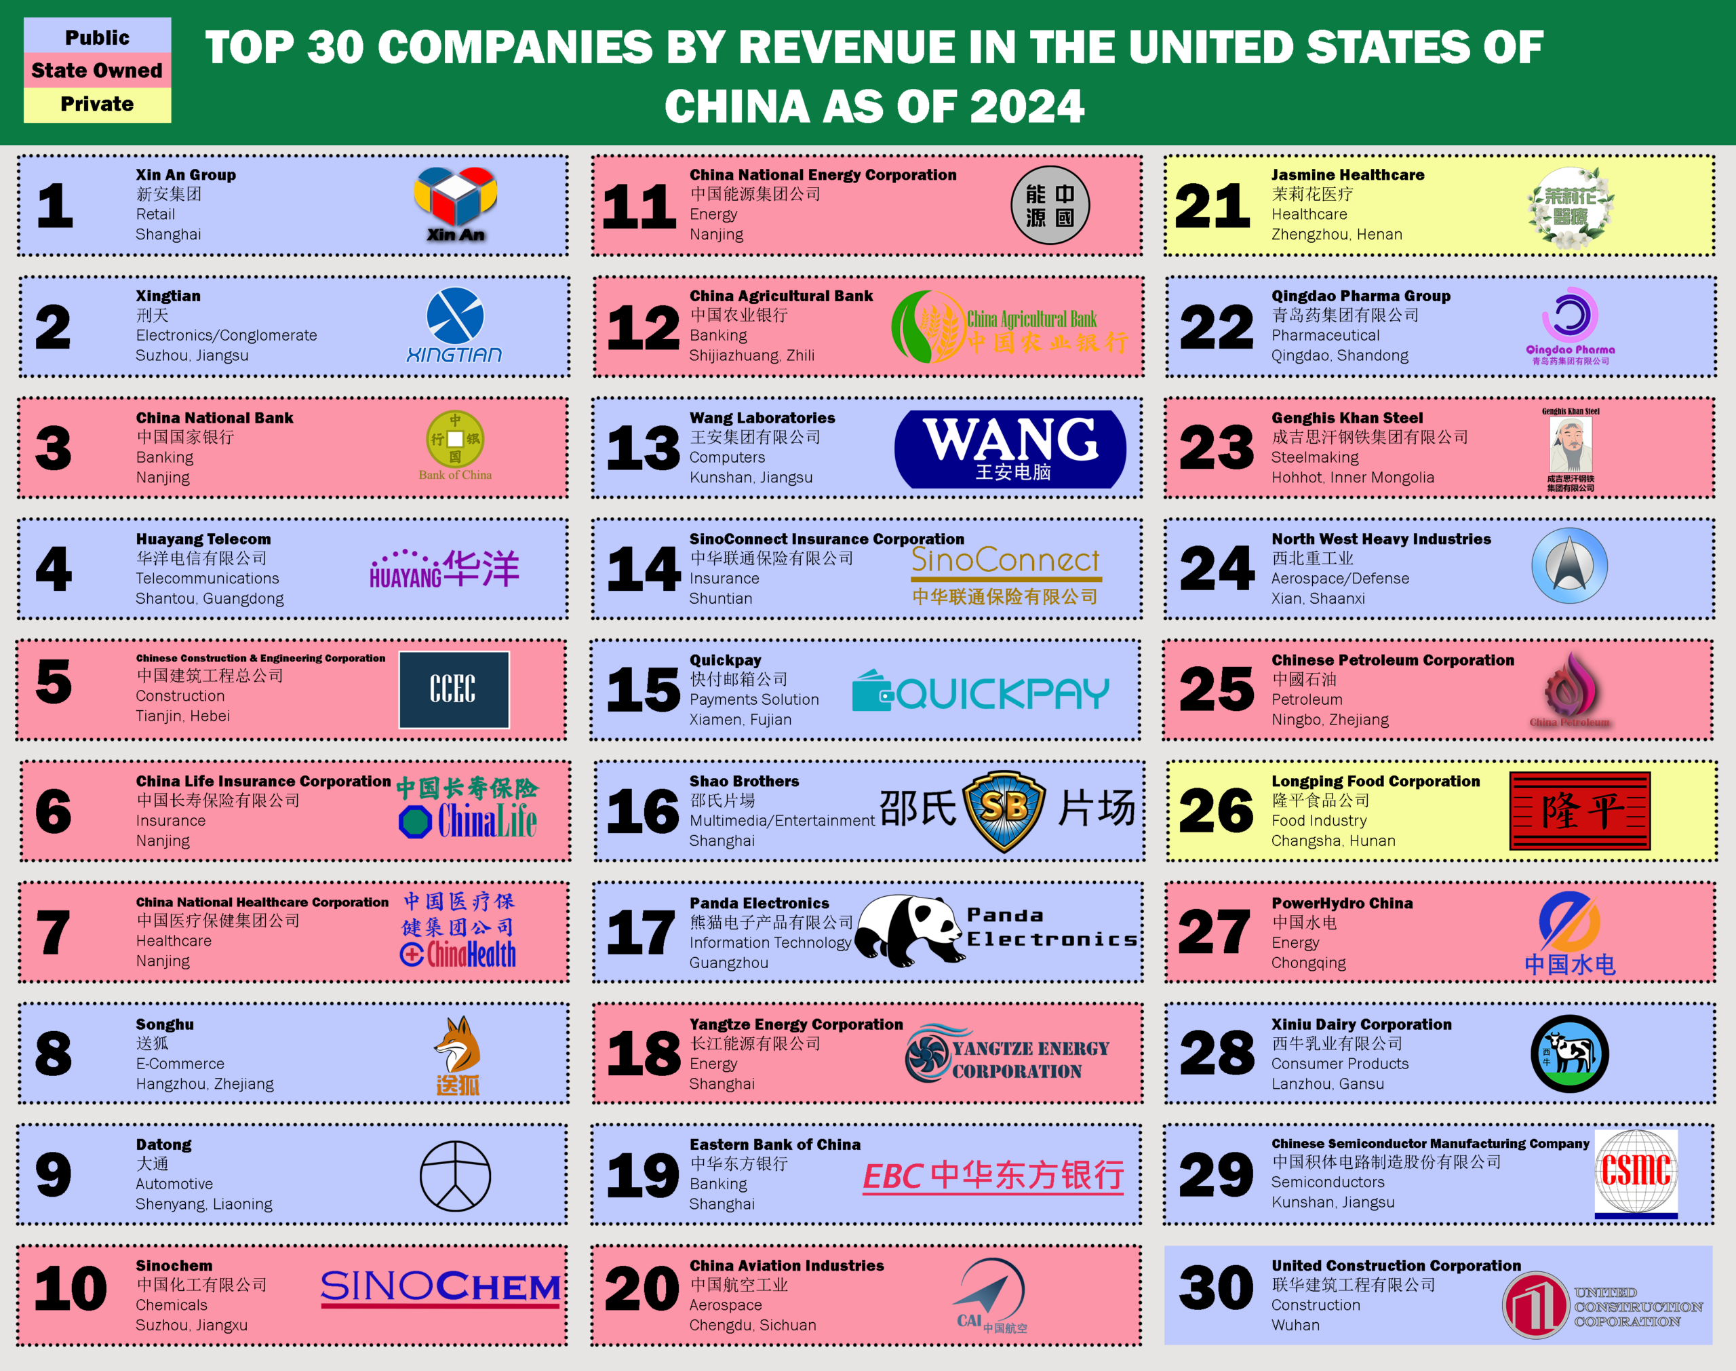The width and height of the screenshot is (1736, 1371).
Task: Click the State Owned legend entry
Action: pyautogui.click(x=97, y=71)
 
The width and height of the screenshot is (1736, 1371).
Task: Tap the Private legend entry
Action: pyautogui.click(x=97, y=104)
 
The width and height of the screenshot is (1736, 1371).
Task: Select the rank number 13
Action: pyautogui.click(x=643, y=448)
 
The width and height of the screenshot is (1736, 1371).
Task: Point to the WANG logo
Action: pyautogui.click(x=1010, y=448)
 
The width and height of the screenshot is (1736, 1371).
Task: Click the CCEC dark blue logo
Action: pyautogui.click(x=454, y=689)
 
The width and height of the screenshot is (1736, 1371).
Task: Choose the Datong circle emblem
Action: pyautogui.click(x=455, y=1176)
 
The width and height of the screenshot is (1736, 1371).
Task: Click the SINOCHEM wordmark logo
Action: pyautogui.click(x=440, y=1288)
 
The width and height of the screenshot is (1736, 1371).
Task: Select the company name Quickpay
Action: pyautogui.click(x=725, y=660)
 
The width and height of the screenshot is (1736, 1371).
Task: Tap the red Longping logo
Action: pyautogui.click(x=1579, y=811)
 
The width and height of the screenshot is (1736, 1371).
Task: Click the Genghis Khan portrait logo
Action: pyautogui.click(x=1570, y=446)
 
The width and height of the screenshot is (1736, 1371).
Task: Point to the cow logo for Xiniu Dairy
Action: pyautogui.click(x=1569, y=1053)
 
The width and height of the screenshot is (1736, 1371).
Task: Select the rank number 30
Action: pyautogui.click(x=1215, y=1288)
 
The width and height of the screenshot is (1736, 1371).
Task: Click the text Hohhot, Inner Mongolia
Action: pyautogui.click(x=1353, y=478)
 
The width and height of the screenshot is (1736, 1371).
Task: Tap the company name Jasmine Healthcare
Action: pyautogui.click(x=1347, y=175)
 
